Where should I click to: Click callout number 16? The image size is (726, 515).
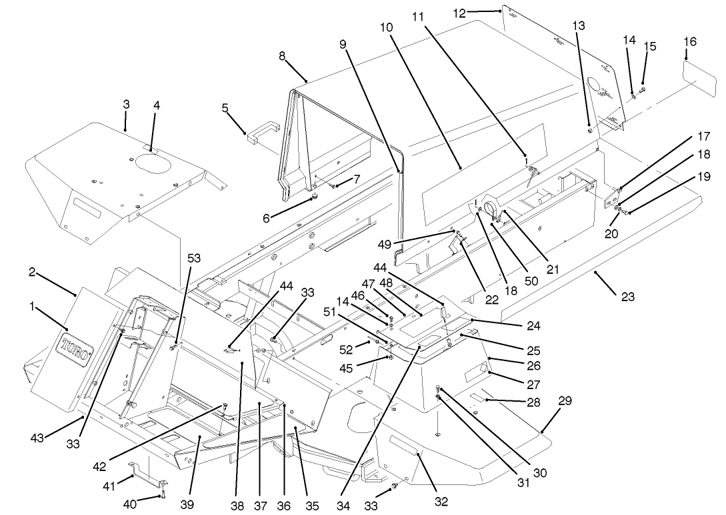(x=690, y=42)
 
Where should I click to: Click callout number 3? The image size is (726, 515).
(x=126, y=105)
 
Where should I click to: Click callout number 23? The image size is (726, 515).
(x=628, y=297)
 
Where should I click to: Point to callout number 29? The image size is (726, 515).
(x=565, y=400)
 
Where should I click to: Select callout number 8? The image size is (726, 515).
(x=283, y=55)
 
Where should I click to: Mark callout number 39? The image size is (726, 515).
(x=187, y=504)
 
